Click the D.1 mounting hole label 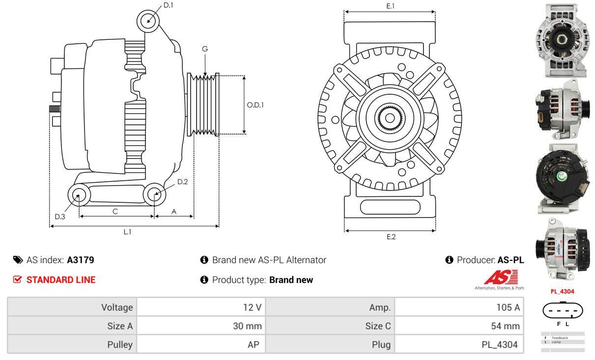[x=168, y=5]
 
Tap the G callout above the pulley [x=205, y=49]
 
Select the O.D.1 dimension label [x=255, y=105]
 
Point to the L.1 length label [x=127, y=232]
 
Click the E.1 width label [x=391, y=6]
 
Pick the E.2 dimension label [x=391, y=237]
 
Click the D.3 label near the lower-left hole [x=59, y=217]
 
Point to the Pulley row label [x=120, y=344]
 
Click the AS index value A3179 [x=81, y=260]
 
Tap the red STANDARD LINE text [x=60, y=280]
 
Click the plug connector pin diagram [x=563, y=310]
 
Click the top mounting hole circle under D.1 [x=148, y=21]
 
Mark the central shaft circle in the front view [x=390, y=118]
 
